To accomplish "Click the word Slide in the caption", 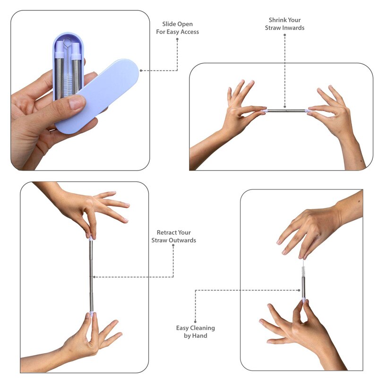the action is (168, 24).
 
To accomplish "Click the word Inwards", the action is (294, 28).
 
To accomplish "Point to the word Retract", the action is (165, 232).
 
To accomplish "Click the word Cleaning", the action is (202, 328).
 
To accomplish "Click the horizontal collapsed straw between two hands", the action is (286, 111).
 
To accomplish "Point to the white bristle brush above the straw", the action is (303, 268).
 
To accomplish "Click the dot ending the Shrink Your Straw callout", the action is (285, 107).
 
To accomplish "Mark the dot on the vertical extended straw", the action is (94, 277).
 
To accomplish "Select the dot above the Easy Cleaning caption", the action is (195, 321).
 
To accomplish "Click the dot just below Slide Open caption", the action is (177, 39).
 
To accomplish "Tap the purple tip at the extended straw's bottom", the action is (92, 313).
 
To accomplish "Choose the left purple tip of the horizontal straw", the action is (265, 111).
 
